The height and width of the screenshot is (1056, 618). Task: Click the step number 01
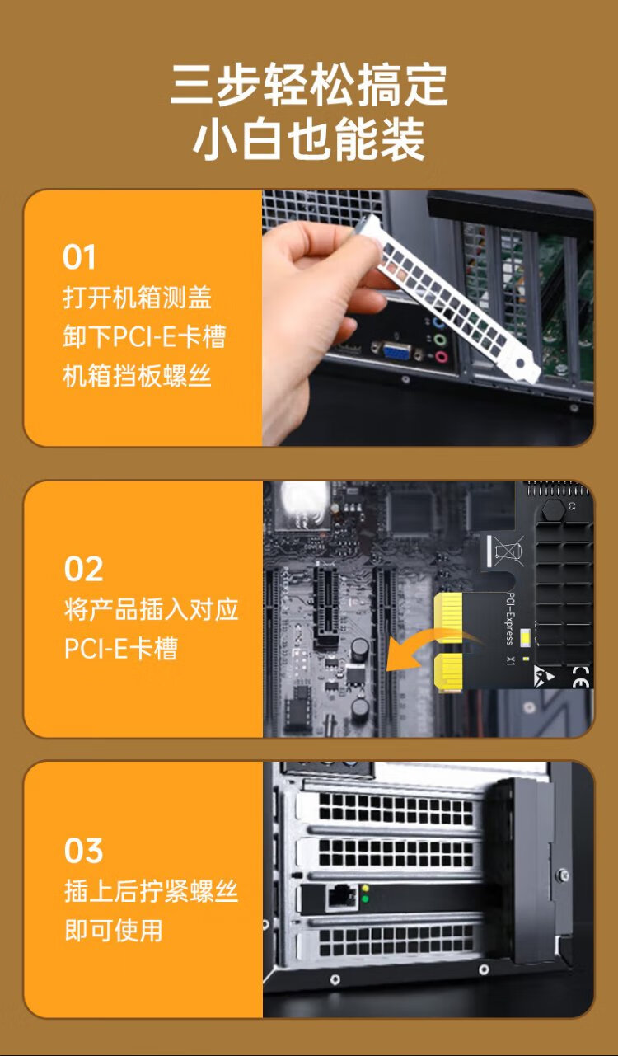tap(79, 257)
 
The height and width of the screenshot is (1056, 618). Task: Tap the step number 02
tap(84, 569)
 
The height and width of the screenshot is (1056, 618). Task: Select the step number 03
tap(84, 851)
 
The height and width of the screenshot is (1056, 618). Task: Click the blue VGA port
tap(397, 351)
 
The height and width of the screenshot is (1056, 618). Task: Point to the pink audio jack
tap(441, 356)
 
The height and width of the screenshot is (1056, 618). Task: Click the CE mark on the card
tap(581, 677)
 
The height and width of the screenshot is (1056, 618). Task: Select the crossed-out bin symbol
tap(508, 551)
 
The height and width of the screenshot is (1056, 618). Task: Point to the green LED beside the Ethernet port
tap(365, 899)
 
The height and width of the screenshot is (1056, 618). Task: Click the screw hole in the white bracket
tap(520, 363)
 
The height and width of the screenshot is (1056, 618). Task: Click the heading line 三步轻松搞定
tap(309, 85)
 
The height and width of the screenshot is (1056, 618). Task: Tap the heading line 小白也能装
tap(309, 139)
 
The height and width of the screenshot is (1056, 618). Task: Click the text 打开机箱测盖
tap(137, 298)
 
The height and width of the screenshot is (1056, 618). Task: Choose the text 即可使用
tap(113, 930)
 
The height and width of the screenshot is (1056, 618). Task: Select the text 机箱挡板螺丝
tap(137, 376)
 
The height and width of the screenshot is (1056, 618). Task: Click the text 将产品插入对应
tap(152, 609)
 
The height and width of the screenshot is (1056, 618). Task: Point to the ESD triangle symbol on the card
tap(545, 675)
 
